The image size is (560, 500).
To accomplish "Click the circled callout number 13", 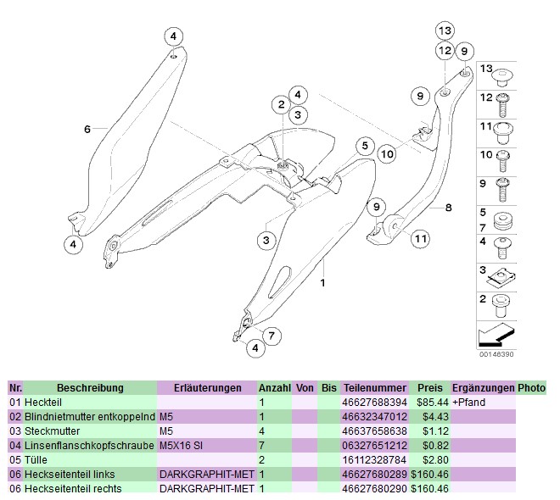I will [445, 31].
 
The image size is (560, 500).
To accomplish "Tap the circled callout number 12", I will [445, 52].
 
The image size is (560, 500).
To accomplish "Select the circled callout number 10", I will [386, 153].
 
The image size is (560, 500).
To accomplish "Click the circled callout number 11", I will [419, 239].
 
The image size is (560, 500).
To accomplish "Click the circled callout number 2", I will [280, 105].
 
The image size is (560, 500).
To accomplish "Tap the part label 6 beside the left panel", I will [87, 129].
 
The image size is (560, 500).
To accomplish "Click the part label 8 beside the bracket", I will [449, 206].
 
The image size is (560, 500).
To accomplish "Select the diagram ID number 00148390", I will [496, 354].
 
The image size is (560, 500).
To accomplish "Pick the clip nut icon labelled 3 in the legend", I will [501, 273].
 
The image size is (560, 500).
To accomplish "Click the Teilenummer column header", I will [371, 387].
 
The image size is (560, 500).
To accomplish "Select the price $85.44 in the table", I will [429, 402].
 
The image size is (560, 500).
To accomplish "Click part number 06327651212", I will [373, 445].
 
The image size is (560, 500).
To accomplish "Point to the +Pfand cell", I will [468, 402].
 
